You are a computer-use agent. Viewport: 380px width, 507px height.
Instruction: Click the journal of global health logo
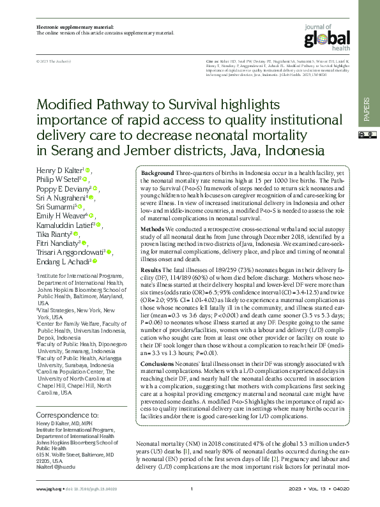tap(327, 36)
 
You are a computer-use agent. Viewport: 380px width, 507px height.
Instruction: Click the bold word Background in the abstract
tap(157, 174)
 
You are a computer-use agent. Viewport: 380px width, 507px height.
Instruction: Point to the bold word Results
tap(151, 270)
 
